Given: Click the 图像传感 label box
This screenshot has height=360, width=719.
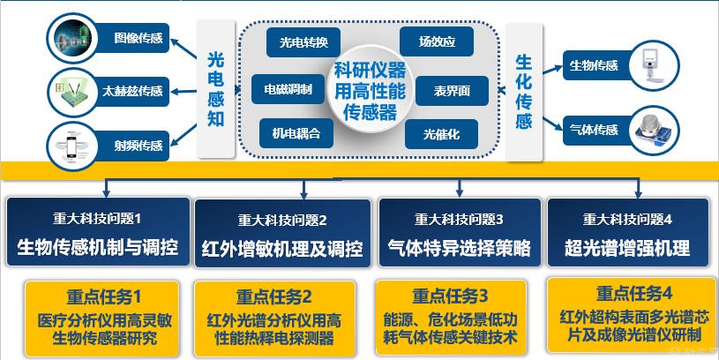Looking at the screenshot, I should pos(138,38).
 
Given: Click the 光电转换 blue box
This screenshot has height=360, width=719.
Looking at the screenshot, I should pos(303,42).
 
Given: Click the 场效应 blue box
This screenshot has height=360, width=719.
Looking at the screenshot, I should pos(436,41).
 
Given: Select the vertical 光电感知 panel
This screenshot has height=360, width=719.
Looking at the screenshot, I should pos(215,88).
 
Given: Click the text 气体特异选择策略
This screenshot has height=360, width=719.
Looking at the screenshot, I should pos(458,249).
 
